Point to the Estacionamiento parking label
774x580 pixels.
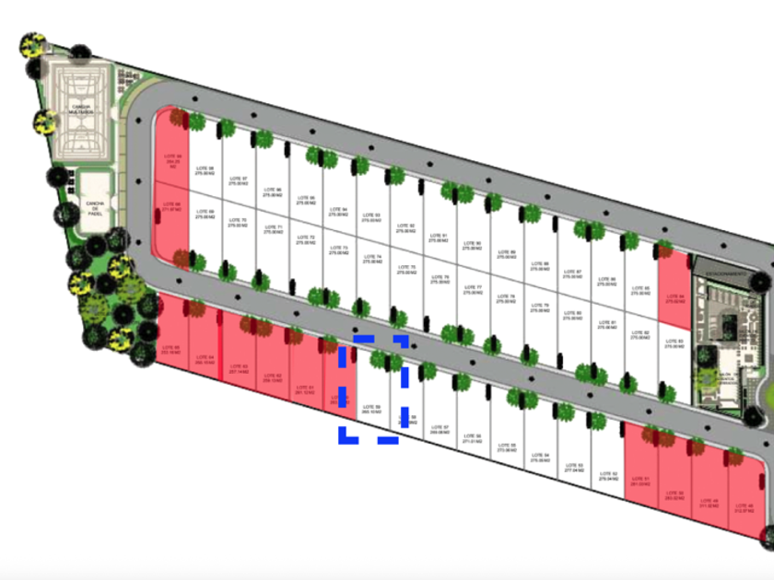pos(725,274)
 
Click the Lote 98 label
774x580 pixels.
pos(205,170)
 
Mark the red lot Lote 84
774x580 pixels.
pos(674,297)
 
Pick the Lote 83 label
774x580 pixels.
pos(674,343)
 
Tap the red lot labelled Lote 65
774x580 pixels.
pos(170,349)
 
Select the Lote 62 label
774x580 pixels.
pos(272,377)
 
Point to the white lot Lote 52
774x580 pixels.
pos(608,476)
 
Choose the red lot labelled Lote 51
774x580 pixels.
pos(640,481)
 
